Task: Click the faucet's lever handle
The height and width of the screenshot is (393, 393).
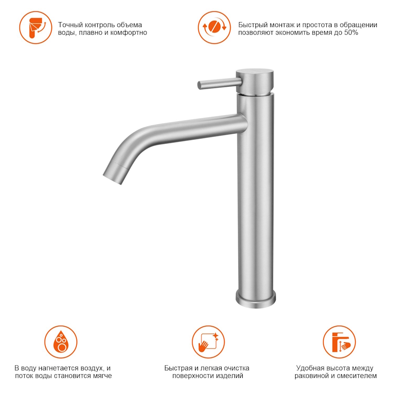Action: pyautogui.click(x=219, y=84)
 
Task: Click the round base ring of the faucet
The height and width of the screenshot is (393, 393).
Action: pyautogui.click(x=255, y=299)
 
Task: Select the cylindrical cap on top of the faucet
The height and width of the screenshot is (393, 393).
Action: pyautogui.click(x=254, y=82)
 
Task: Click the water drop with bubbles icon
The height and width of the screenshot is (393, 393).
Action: pyautogui.click(x=61, y=342)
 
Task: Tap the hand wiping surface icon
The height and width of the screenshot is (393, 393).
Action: pyautogui.click(x=208, y=342)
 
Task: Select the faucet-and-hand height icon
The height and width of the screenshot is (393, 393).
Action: pyautogui.click(x=339, y=342)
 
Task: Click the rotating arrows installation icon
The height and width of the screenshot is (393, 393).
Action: pyautogui.click(x=214, y=28)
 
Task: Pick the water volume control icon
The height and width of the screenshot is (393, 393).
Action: pyautogui.click(x=36, y=28)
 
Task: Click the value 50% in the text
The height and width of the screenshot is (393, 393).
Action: pyautogui.click(x=351, y=32)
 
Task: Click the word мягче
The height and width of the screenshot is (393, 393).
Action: pyautogui.click(x=101, y=376)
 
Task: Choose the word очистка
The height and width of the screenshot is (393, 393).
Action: pyautogui.click(x=237, y=368)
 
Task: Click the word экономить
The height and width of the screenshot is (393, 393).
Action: pyautogui.click(x=292, y=32)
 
